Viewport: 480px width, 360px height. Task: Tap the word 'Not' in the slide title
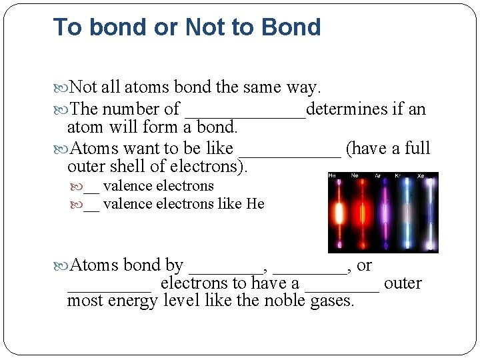[x=203, y=27]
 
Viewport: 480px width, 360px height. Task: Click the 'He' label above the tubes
[x=332, y=176]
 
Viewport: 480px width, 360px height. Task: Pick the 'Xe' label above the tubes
[x=420, y=176]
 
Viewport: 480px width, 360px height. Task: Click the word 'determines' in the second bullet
[x=346, y=109]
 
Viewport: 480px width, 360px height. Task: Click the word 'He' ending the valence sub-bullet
[x=255, y=204]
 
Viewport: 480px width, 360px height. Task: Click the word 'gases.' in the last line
[x=333, y=301]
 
